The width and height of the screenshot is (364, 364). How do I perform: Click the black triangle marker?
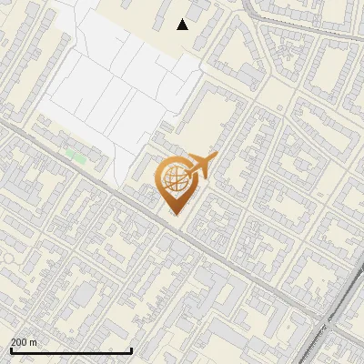[182, 25]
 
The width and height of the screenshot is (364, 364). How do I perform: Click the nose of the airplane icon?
[216, 157]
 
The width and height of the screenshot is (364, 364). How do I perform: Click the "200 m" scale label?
[24, 342]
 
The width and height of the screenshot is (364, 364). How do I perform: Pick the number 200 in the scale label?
[19, 342]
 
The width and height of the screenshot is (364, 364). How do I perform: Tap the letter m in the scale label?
[34, 343]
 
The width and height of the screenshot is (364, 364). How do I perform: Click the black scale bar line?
[71, 350]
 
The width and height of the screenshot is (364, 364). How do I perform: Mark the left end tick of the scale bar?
[11, 350]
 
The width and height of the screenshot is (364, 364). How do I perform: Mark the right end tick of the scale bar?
[132, 350]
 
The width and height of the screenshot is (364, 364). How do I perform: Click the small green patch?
[77, 157]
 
